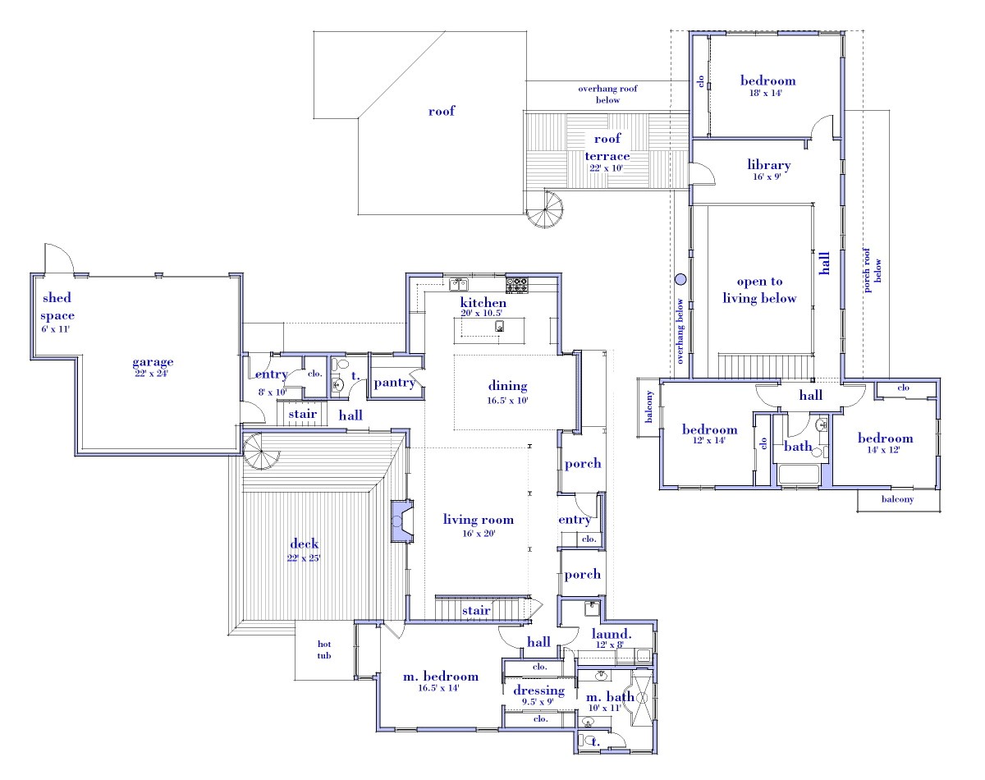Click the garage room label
tap(154, 361)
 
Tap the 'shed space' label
tap(58, 306)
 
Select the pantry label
tap(392, 383)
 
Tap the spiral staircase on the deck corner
tap(263, 452)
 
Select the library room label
tap(769, 165)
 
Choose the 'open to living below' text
tap(759, 290)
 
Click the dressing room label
tap(538, 691)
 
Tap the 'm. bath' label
tap(611, 697)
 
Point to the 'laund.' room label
tap(612, 634)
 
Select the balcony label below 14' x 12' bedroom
tap(897, 499)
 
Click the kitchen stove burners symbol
tap(518, 285)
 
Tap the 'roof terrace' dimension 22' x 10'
tap(606, 167)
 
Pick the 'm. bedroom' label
tap(441, 677)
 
